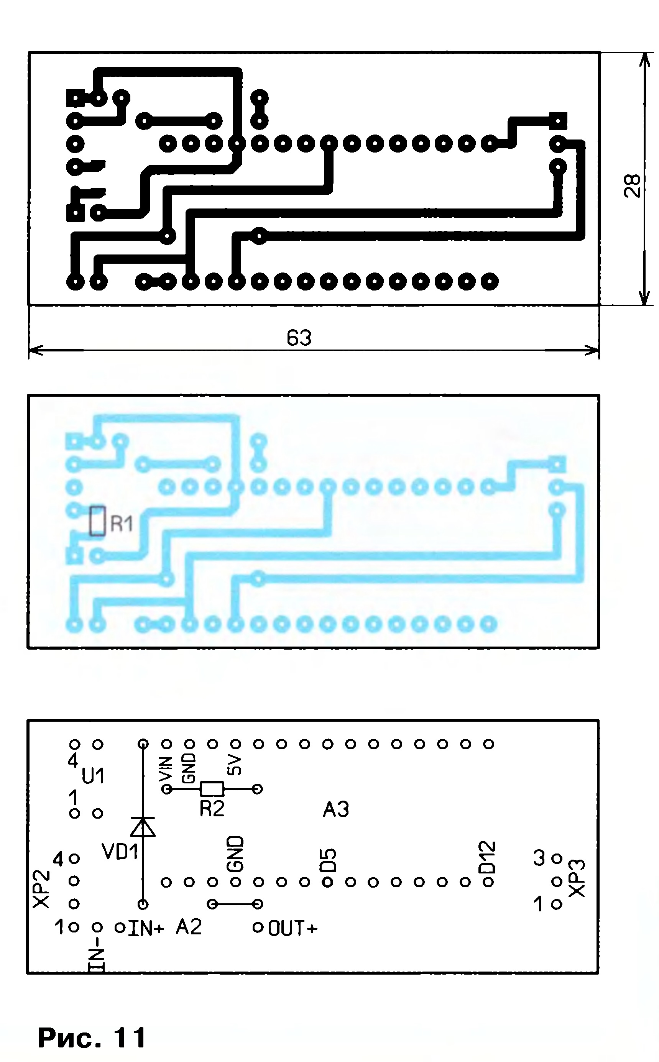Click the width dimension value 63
tap(299, 338)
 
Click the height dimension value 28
tap(633, 185)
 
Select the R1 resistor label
tap(122, 523)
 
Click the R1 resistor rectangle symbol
tap(97, 520)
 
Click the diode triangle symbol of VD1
tap(143, 827)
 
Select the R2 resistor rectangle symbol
tap(212, 789)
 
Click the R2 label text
tap(212, 809)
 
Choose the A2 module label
tap(189, 927)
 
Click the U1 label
tap(93, 776)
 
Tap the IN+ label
tap(146, 929)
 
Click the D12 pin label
tap(487, 858)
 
